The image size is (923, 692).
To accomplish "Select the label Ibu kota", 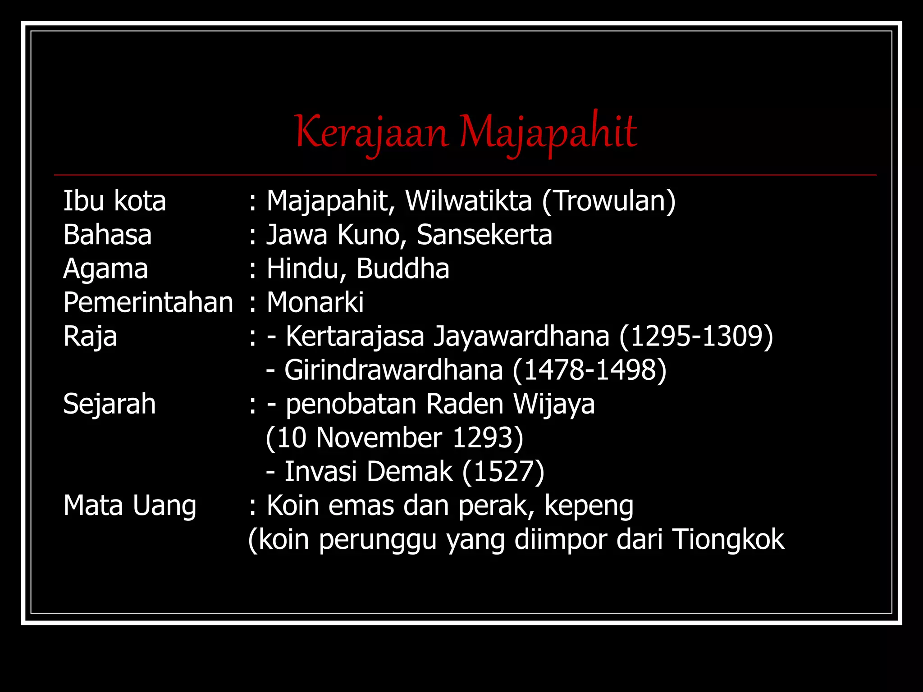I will [x=114, y=201].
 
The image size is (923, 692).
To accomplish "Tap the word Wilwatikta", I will [x=468, y=201].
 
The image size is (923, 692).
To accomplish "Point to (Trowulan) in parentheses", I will [x=609, y=201].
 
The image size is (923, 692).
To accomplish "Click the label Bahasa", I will [x=107, y=235].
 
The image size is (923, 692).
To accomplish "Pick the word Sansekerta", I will [x=484, y=235].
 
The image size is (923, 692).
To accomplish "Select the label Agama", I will [x=105, y=269].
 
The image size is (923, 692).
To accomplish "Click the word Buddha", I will [x=403, y=269].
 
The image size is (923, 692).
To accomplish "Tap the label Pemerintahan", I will [x=148, y=302].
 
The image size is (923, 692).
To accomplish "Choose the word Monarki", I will [x=315, y=302].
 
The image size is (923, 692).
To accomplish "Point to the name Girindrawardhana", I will [x=393, y=370].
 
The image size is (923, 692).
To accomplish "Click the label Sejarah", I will [x=110, y=404].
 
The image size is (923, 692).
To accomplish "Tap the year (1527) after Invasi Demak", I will [x=503, y=472].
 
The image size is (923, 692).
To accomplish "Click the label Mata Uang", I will [x=130, y=505].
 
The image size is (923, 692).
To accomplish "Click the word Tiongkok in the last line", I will [x=728, y=539].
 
